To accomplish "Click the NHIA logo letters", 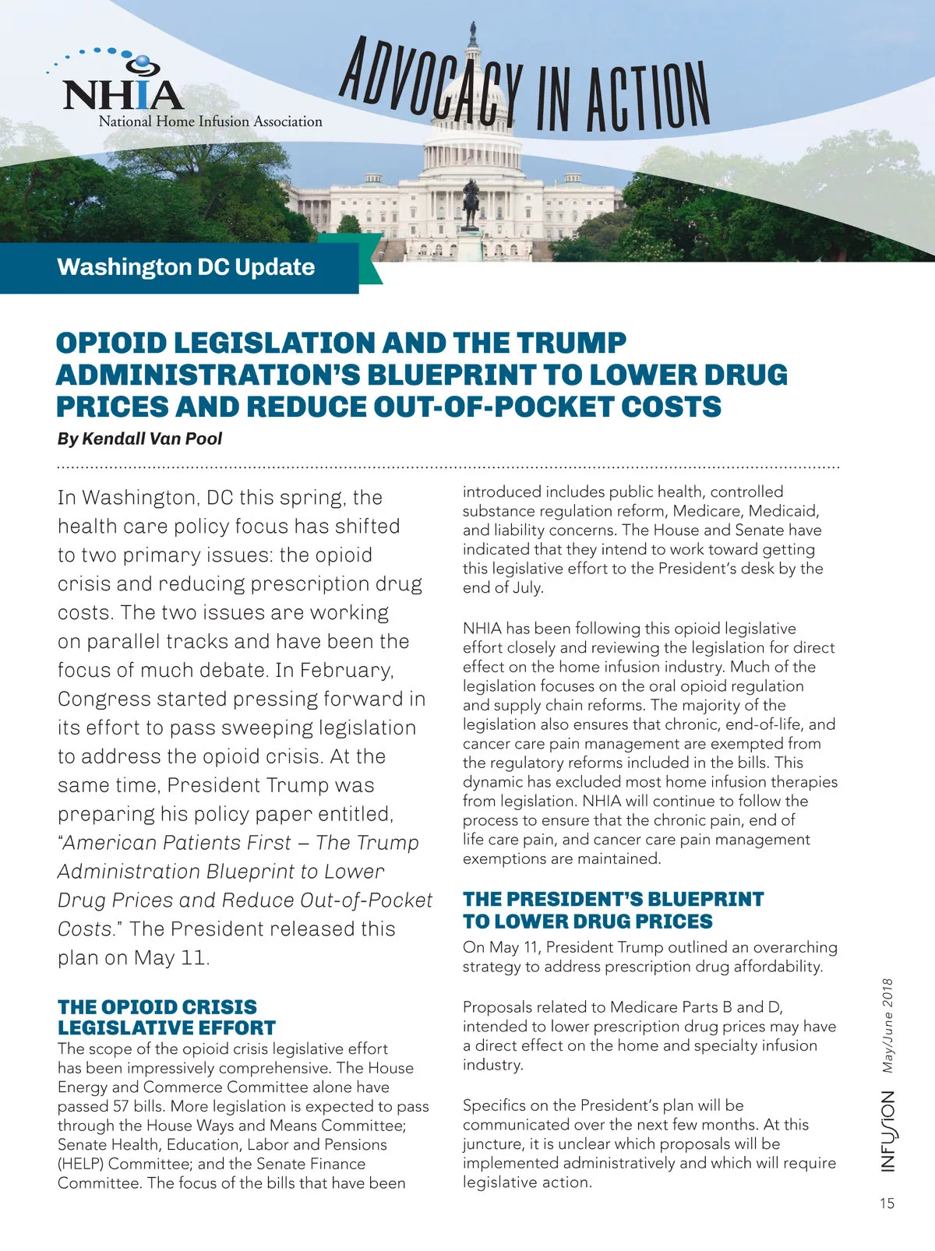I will coord(122,94).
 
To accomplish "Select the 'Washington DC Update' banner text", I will coord(186,267).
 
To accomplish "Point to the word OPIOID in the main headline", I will coord(112,343).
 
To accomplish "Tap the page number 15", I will coord(887,1203).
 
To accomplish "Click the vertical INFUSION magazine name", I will coord(887,1130).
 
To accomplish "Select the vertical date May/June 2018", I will coord(887,1026).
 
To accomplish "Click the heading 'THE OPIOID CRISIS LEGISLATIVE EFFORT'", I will coord(167,1017).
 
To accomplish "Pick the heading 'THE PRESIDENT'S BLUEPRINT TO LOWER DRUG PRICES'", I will coord(612,910).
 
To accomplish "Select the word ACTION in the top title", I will coord(647,97).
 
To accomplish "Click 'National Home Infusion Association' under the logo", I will coord(210,122).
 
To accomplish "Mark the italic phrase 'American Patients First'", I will coord(178,843).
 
